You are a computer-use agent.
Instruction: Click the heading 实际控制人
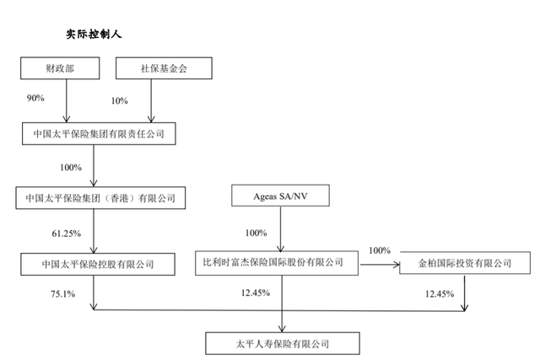click(x=95, y=35)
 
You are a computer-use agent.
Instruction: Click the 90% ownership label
click(x=35, y=99)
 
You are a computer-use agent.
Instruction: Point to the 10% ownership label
click(x=119, y=101)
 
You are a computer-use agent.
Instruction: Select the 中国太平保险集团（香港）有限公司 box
click(x=101, y=198)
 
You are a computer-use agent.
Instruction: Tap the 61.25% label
click(x=65, y=232)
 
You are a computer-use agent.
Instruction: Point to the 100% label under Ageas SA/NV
click(x=255, y=233)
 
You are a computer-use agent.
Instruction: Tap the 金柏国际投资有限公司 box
click(x=464, y=263)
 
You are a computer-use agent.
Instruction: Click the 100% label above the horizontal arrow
click(x=381, y=250)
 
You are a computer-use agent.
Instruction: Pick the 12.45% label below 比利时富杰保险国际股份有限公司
click(x=256, y=293)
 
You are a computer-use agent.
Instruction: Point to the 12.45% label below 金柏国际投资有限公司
click(x=439, y=293)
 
